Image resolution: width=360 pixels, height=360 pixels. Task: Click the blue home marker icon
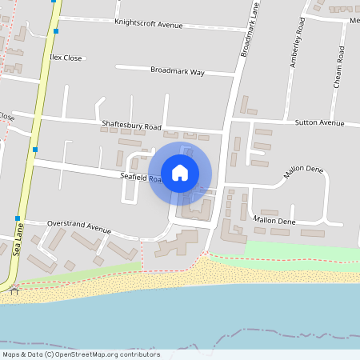pyautogui.click(x=180, y=172)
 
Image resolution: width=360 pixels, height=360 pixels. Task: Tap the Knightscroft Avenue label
pyautogui.click(x=149, y=25)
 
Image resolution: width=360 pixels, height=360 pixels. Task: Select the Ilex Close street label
pyautogui.click(x=66, y=58)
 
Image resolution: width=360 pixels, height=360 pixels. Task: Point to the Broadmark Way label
pyautogui.click(x=178, y=71)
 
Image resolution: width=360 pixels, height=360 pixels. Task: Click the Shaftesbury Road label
pyautogui.click(x=132, y=126)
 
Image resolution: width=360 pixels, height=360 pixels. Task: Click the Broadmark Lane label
pyautogui.click(x=250, y=33)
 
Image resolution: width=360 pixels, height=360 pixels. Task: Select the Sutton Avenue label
pyautogui.click(x=319, y=123)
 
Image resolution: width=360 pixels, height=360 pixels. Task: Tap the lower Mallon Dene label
pyautogui.click(x=274, y=220)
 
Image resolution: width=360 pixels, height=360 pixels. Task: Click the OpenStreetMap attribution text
pyautogui.click(x=81, y=354)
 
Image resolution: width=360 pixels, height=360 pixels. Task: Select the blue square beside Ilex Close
pyautogui.click(x=56, y=31)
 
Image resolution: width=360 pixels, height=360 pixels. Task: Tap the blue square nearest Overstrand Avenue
pyautogui.click(x=18, y=218)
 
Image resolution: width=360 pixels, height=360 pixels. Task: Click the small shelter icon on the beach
pyautogui.click(x=14, y=290)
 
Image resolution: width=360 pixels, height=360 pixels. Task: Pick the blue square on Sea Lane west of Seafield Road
pyautogui.click(x=35, y=149)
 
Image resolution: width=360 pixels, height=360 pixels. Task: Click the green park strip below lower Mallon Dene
pyautogui.click(x=300, y=249)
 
